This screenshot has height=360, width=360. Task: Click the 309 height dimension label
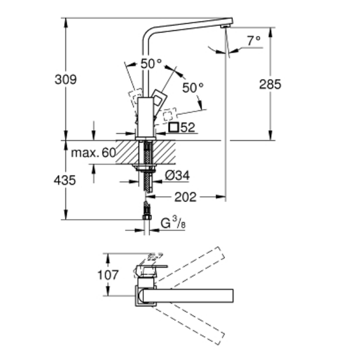66,79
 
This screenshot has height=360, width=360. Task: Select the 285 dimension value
270,84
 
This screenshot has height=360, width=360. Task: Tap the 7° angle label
253,41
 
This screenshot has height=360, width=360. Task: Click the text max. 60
94,153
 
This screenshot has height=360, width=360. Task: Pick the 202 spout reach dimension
185,197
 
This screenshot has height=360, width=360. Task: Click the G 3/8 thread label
173,224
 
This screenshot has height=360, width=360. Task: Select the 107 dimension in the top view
108,275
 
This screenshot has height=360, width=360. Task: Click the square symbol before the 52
174,127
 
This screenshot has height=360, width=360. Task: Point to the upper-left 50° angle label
151,64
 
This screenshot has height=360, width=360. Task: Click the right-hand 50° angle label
193,87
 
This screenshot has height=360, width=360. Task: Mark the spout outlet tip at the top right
225,26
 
